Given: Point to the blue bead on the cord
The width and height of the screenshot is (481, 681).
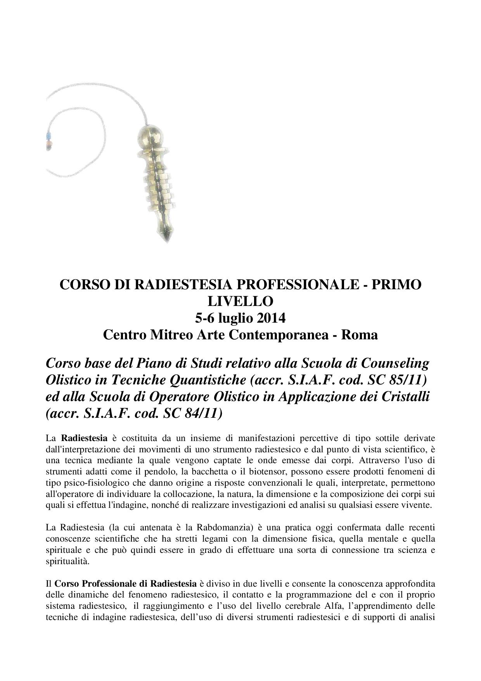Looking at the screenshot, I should point(48,136).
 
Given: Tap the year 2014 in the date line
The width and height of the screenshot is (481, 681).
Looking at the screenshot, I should point(270,318).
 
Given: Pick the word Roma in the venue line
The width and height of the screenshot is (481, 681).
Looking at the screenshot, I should point(359,335).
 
